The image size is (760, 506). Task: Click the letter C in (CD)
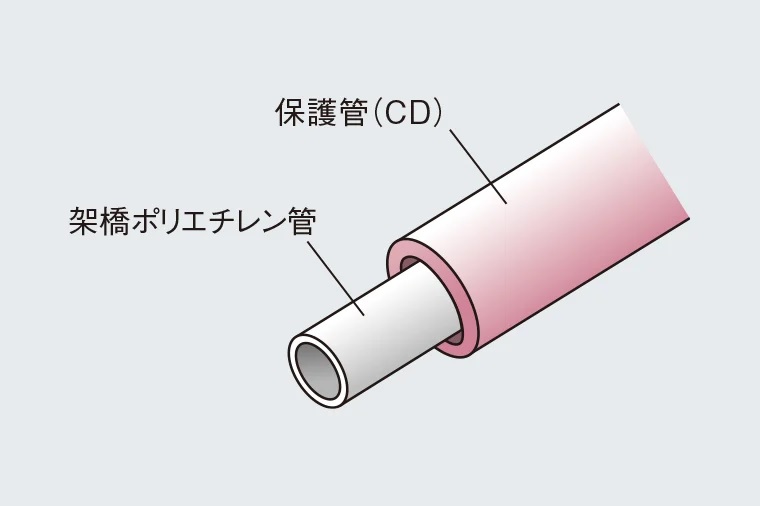(x=391, y=115)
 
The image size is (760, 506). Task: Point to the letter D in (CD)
(x=417, y=115)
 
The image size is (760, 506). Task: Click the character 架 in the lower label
(x=84, y=220)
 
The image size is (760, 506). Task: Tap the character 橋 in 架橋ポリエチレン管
(x=115, y=220)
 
